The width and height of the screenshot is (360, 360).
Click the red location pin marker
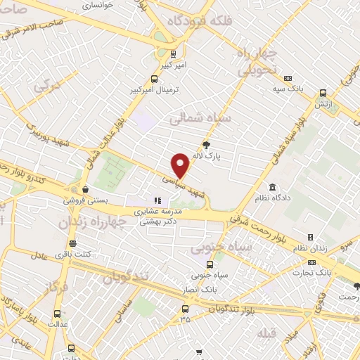click(x=181, y=165)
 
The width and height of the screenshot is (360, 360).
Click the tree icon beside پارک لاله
click(x=205, y=146)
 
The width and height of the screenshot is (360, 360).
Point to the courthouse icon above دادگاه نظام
click(x=273, y=187)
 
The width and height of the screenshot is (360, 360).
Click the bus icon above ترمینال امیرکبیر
click(x=154, y=79)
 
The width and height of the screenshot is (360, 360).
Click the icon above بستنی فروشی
click(x=85, y=188)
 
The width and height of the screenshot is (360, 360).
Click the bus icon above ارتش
click(x=323, y=93)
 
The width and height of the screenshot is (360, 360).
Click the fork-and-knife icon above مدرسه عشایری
click(x=157, y=200)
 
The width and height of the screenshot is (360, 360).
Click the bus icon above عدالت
click(x=57, y=314)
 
